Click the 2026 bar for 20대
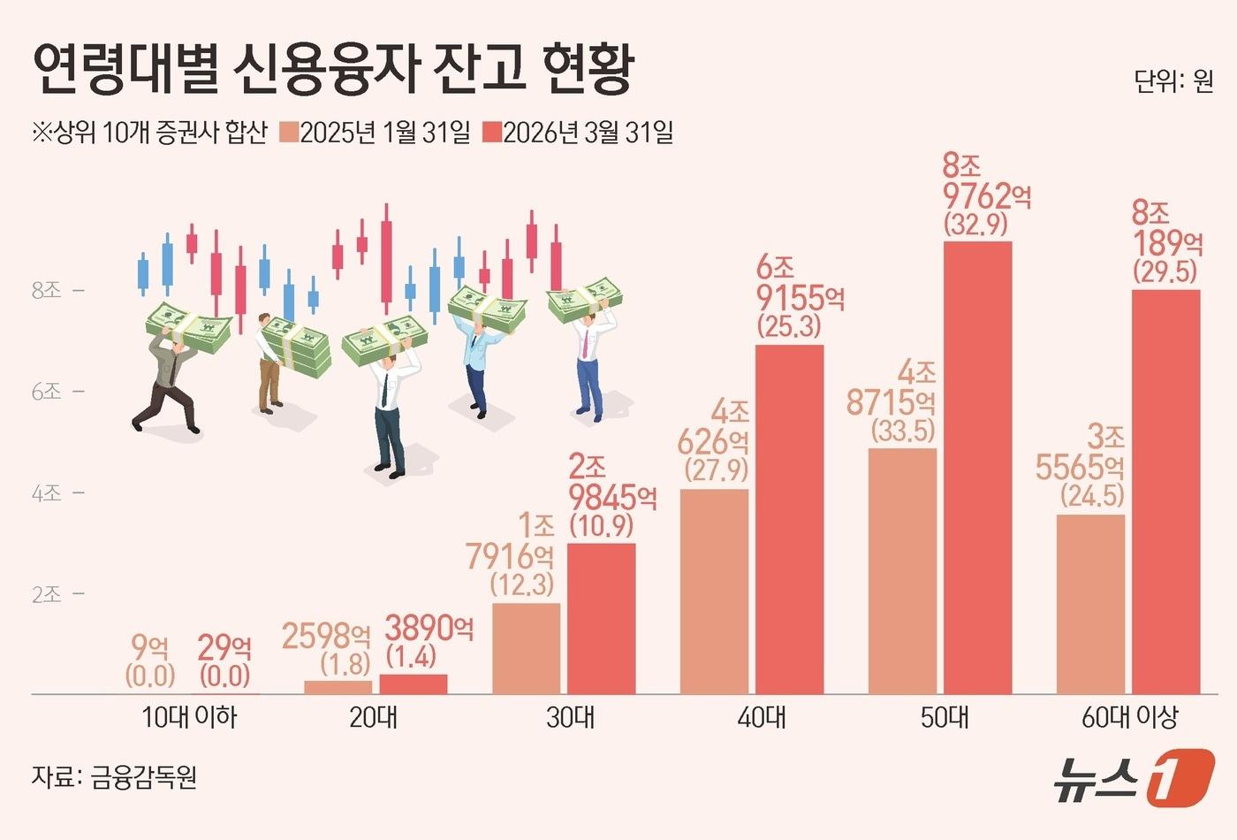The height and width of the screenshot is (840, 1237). (414, 683)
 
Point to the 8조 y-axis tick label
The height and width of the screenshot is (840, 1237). (47, 290)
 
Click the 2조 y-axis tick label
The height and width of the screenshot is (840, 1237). (47, 594)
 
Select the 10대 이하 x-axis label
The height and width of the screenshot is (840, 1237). (189, 717)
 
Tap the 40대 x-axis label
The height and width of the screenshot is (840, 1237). (762, 717)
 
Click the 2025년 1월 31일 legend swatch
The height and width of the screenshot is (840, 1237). (289, 134)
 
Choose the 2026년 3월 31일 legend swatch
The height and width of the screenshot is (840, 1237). (491, 134)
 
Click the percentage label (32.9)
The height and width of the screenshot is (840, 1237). (975, 225)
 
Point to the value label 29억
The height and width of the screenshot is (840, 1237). (224, 648)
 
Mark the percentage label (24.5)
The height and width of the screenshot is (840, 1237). (1092, 496)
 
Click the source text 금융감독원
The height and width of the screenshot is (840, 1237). (143, 777)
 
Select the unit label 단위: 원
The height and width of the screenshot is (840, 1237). (1173, 81)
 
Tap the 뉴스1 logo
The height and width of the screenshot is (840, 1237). (1134, 778)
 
